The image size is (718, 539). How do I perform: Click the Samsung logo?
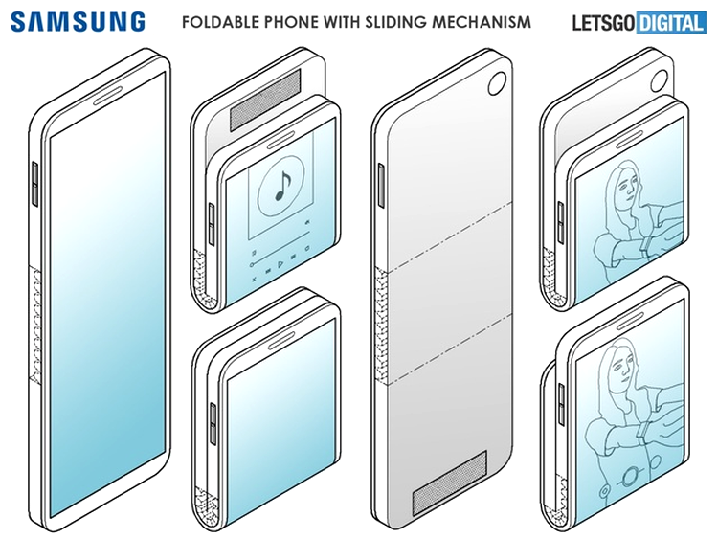tap(78, 21)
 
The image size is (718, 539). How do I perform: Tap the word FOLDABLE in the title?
tap(216, 21)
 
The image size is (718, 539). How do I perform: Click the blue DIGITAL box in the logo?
tap(671, 23)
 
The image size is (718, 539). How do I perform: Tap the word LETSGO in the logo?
tap(604, 23)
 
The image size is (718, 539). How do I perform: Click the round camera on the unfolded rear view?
tap(496, 83)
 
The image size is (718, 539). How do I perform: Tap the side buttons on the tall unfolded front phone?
tap(35, 184)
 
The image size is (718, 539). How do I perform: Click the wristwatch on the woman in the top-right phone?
tap(645, 244)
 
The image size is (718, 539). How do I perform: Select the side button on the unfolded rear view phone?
tap(380, 185)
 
